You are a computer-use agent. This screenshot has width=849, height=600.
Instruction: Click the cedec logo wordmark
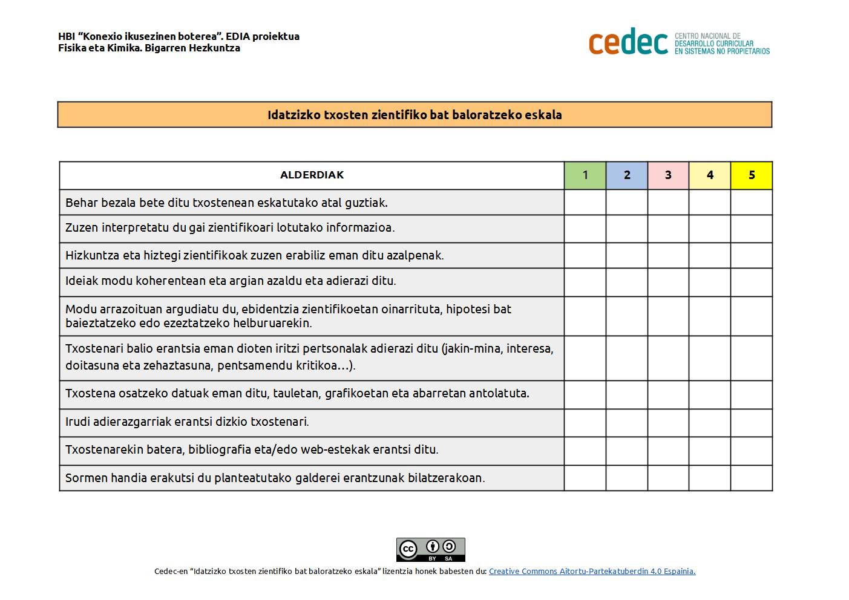click(x=628, y=42)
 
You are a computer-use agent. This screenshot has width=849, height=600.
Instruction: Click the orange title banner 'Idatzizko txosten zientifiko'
click(x=415, y=115)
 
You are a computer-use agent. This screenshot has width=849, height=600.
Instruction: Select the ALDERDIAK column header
click(x=312, y=175)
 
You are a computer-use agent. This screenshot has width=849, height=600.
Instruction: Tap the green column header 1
click(x=585, y=175)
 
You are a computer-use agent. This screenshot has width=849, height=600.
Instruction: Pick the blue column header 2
click(x=627, y=175)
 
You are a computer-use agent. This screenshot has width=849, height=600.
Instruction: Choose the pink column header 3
click(x=668, y=175)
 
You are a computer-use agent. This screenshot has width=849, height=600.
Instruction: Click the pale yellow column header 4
click(x=710, y=175)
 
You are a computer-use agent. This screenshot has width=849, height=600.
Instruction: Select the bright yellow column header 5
click(x=752, y=175)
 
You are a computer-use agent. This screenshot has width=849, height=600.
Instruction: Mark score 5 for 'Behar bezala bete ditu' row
click(x=752, y=203)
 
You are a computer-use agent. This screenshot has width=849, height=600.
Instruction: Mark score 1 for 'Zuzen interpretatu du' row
click(x=585, y=229)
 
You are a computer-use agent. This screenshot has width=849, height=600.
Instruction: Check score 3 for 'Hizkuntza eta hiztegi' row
click(x=668, y=255)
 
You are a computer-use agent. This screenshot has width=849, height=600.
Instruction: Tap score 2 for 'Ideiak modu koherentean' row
click(x=627, y=282)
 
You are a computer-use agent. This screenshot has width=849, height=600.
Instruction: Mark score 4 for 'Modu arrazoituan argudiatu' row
click(x=710, y=316)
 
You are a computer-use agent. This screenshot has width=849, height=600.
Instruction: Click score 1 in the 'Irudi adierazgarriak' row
click(x=585, y=423)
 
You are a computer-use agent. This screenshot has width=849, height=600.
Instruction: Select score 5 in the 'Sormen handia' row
click(x=752, y=478)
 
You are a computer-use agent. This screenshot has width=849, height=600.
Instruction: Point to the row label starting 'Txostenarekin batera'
click(x=252, y=450)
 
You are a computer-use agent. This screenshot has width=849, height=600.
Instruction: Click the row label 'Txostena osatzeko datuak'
click(x=297, y=394)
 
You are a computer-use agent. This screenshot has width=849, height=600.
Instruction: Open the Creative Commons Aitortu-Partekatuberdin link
click(x=592, y=572)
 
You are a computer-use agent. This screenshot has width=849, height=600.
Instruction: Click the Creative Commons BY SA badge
click(x=431, y=550)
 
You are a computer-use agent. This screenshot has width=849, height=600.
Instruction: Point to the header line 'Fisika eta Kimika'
click(x=149, y=48)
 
